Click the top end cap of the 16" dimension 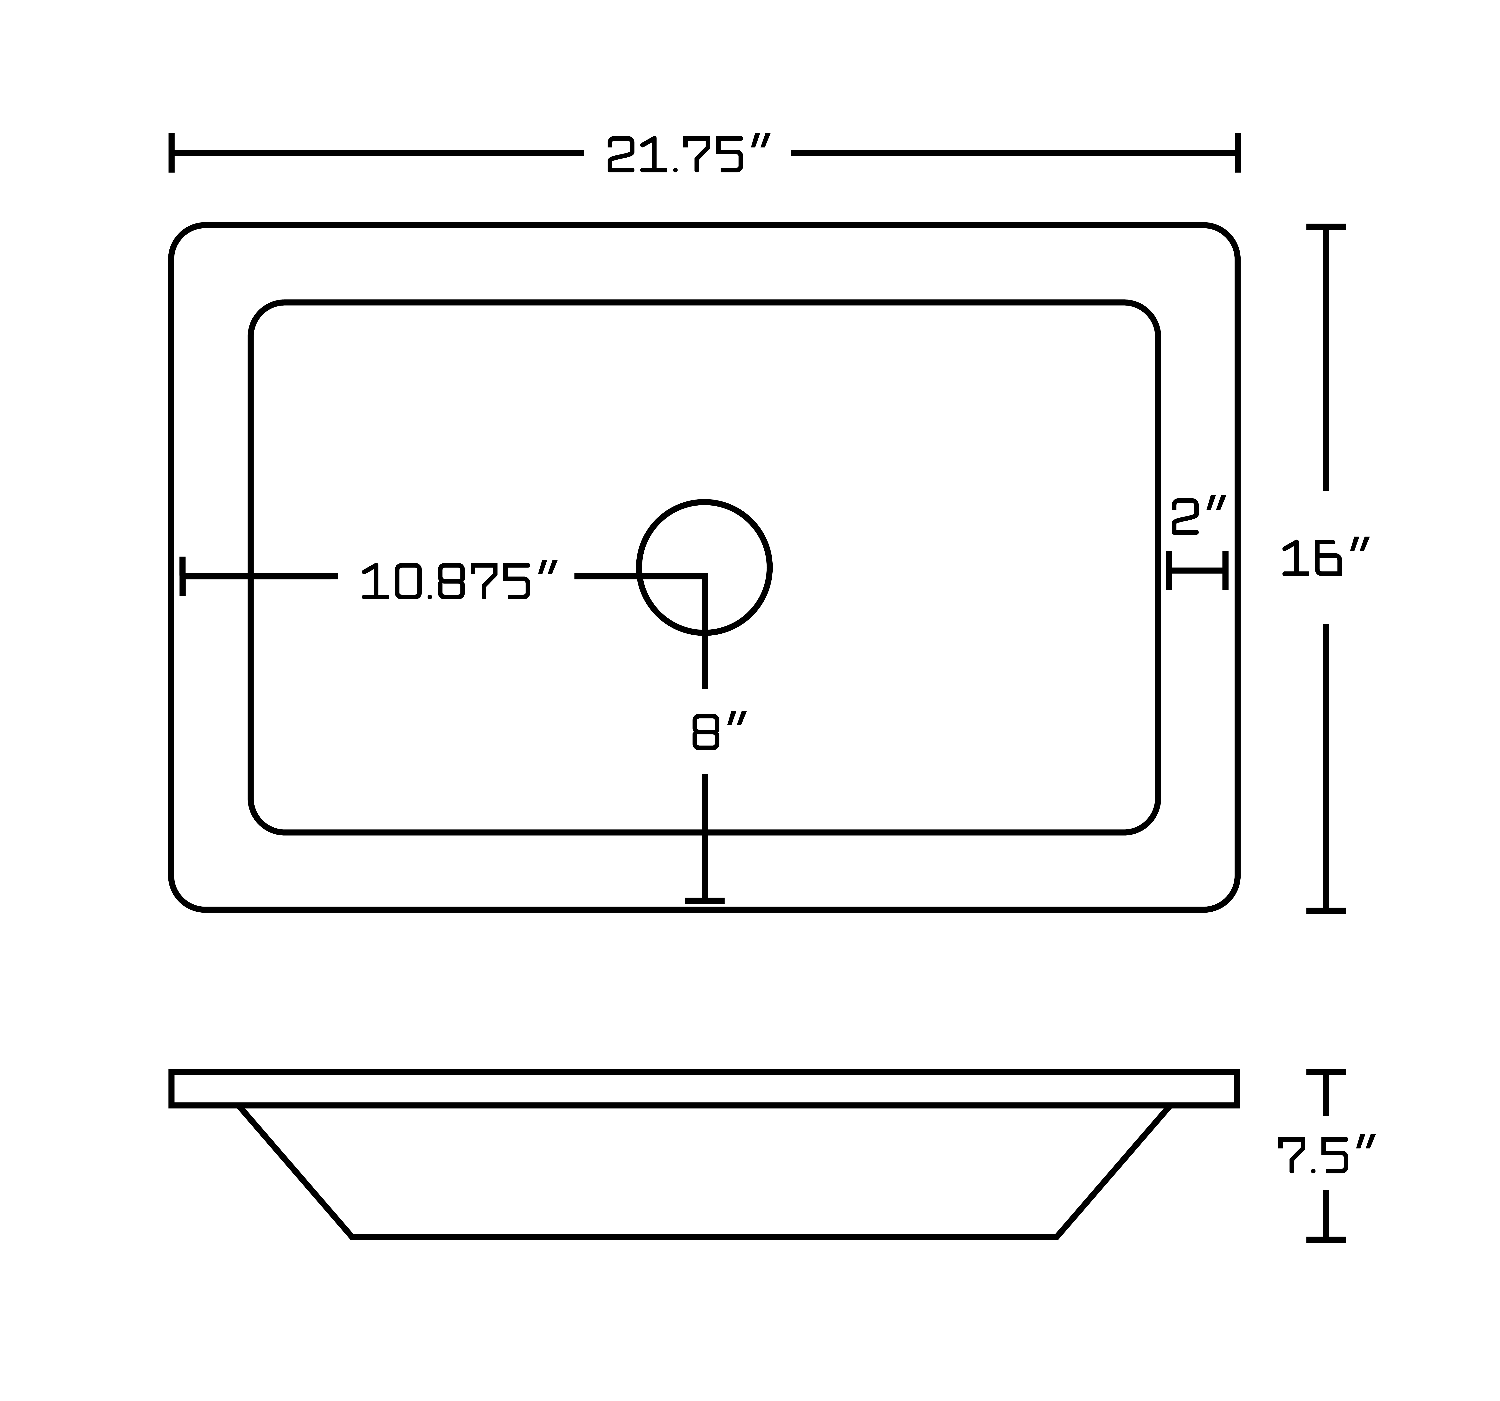(1326, 226)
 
